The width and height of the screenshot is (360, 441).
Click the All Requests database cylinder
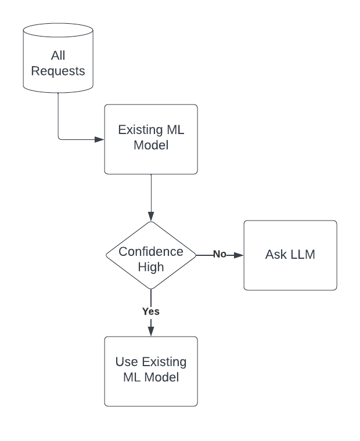tap(58, 58)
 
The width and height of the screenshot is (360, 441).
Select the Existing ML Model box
tap(151, 139)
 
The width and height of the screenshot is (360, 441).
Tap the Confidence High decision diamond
tap(151, 255)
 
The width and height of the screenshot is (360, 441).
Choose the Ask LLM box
tap(290, 255)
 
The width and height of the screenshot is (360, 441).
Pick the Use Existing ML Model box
tap(151, 371)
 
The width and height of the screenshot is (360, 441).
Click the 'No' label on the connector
tap(219, 255)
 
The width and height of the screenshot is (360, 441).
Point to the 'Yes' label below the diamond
tap(151, 312)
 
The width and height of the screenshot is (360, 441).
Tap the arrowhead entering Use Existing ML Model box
tap(151, 331)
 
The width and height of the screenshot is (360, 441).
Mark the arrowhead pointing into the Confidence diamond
tap(151, 216)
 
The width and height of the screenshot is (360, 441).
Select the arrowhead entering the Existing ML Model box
tap(99, 139)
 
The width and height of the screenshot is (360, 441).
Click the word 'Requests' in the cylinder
tap(58, 71)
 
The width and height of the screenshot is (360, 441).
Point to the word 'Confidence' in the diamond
tap(151, 252)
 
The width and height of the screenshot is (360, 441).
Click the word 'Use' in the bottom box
tap(126, 362)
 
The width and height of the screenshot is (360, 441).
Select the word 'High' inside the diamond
tap(151, 268)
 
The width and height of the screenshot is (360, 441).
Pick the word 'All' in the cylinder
tap(58, 56)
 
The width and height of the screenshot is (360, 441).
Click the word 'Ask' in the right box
tap(276, 254)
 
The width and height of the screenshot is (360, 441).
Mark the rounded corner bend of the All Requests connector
tap(60, 138)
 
